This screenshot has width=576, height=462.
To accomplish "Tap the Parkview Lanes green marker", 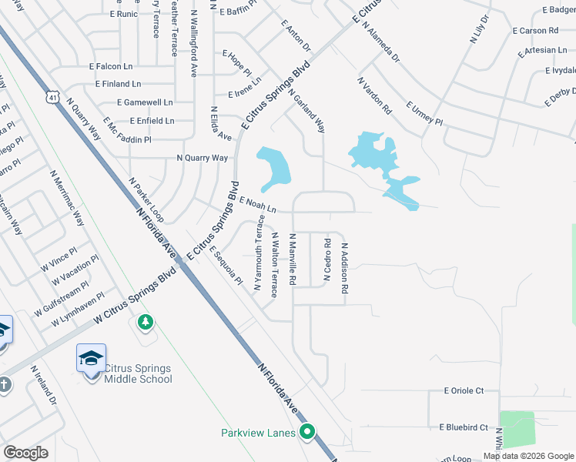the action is point(308,432).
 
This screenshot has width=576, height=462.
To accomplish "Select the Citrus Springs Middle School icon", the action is point(91,358).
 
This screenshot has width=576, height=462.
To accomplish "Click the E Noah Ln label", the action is point(258,205).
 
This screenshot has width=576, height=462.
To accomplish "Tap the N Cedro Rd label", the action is point(327,259).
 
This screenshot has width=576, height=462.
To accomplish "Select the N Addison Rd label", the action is point(346,267).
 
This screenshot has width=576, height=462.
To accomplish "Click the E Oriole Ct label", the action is point(464,391).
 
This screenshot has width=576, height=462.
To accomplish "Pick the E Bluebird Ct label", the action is point(464,427).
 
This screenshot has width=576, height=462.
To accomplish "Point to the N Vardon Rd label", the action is point(375,95).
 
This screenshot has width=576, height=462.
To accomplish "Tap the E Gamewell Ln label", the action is point(145,102).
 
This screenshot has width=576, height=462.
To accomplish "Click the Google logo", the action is point(25,453).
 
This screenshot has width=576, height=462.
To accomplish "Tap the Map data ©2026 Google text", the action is point(529,456).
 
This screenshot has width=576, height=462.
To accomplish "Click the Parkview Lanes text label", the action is point(259,433).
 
